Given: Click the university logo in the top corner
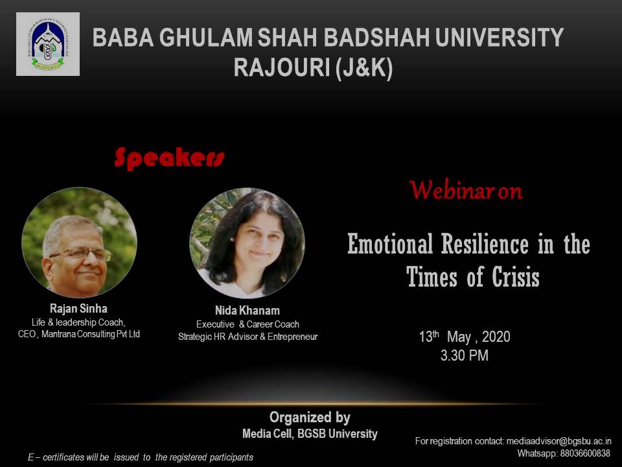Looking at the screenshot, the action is pyautogui.click(x=48, y=44).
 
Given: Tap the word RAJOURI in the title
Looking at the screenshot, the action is pyautogui.click(x=281, y=67).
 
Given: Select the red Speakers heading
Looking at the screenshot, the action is pyautogui.click(x=169, y=158).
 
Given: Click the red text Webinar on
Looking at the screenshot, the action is pyautogui.click(x=466, y=190).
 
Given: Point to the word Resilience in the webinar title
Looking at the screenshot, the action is pyautogui.click(x=485, y=244).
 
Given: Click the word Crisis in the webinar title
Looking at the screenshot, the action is pyautogui.click(x=516, y=277).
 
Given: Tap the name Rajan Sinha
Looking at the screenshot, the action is pyautogui.click(x=78, y=309).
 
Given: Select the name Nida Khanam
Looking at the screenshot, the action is pyautogui.click(x=247, y=311).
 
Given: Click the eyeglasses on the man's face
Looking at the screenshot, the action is pyautogui.click(x=82, y=254).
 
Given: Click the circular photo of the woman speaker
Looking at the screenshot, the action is pyautogui.click(x=247, y=243).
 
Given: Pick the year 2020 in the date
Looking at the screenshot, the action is pyautogui.click(x=496, y=337).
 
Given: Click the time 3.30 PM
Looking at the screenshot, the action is pyautogui.click(x=464, y=355).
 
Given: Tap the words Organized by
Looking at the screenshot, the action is pyautogui.click(x=310, y=417).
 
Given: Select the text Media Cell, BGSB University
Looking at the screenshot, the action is pyautogui.click(x=310, y=434).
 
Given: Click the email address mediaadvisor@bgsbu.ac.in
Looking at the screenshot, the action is pyautogui.click(x=559, y=441).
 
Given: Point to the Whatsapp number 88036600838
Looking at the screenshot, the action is pyautogui.click(x=585, y=453).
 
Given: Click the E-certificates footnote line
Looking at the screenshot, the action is pyautogui.click(x=141, y=457).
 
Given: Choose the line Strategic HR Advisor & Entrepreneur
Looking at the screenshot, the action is pyautogui.click(x=248, y=337).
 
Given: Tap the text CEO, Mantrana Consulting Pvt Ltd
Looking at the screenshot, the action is pyautogui.click(x=79, y=335).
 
